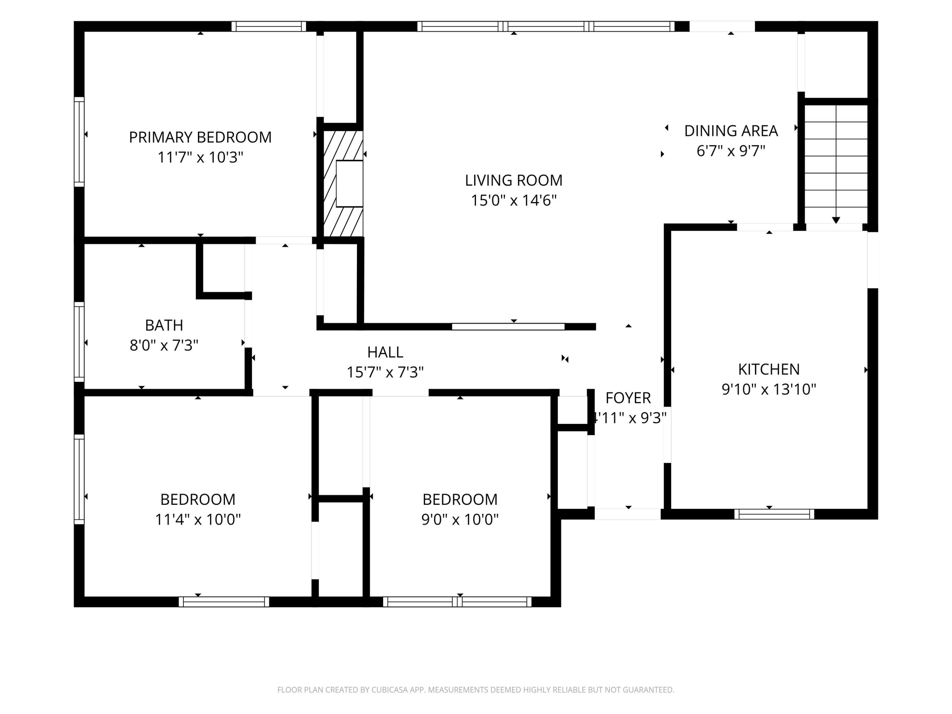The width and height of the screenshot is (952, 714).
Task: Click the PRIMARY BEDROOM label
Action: coord(200,137)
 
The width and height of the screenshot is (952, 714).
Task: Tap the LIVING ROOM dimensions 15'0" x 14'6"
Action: coord(513,201)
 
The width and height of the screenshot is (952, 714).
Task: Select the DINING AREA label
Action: coord(731,131)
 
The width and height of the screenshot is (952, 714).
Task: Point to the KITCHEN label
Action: coord(769,369)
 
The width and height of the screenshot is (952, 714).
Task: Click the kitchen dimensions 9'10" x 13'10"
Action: coord(769,389)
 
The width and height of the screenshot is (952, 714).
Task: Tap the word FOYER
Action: coord(628,398)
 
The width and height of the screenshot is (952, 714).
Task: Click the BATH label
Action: coord(164,325)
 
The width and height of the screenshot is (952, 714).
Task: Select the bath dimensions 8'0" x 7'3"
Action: coord(164,346)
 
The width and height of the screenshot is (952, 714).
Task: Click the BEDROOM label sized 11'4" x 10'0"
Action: coord(198,500)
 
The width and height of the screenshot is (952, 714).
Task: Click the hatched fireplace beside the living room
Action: coord(343,184)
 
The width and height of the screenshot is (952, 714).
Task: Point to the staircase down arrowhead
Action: coord(836,220)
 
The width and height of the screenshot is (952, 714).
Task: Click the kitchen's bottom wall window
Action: coord(774,514)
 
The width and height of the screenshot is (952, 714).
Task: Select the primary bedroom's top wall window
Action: coord(268,26)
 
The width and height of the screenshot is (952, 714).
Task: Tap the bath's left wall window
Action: coord(79,342)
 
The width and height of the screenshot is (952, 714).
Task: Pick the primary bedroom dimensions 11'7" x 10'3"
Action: coord(200,157)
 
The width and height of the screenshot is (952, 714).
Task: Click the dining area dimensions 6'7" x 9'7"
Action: coord(731,151)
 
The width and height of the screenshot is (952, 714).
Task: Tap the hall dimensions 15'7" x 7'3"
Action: coord(385,372)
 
